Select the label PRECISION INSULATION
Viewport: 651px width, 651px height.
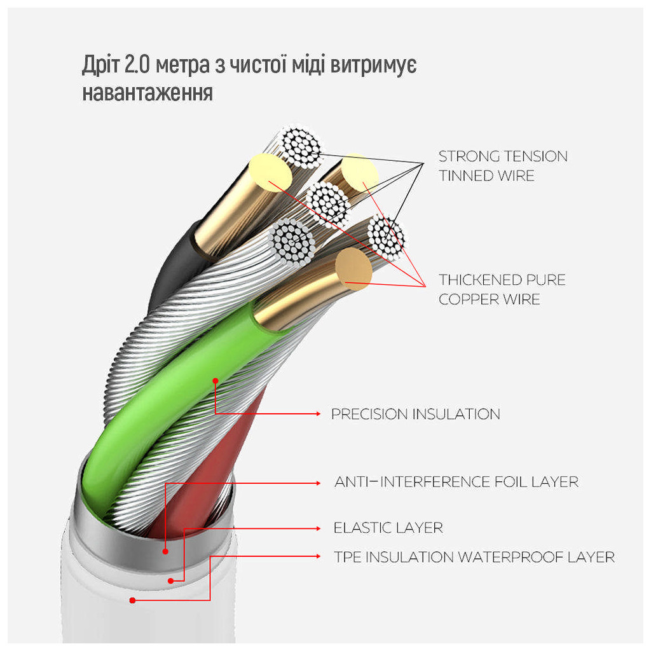(x=415, y=415)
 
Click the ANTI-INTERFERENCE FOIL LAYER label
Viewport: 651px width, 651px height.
(x=456, y=482)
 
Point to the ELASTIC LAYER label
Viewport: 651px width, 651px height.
(x=388, y=528)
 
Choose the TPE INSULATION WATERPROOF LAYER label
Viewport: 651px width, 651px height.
(x=474, y=558)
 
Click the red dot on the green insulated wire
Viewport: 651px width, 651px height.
(x=216, y=381)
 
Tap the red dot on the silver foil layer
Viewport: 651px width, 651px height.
(x=165, y=552)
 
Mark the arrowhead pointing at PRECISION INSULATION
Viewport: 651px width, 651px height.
(x=319, y=414)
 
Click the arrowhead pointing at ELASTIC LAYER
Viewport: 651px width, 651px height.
(x=319, y=528)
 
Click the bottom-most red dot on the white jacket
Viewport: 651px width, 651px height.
(x=132, y=600)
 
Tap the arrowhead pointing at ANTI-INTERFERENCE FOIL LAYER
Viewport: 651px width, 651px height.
(x=319, y=483)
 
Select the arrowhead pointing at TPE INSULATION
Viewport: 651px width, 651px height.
(x=319, y=557)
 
